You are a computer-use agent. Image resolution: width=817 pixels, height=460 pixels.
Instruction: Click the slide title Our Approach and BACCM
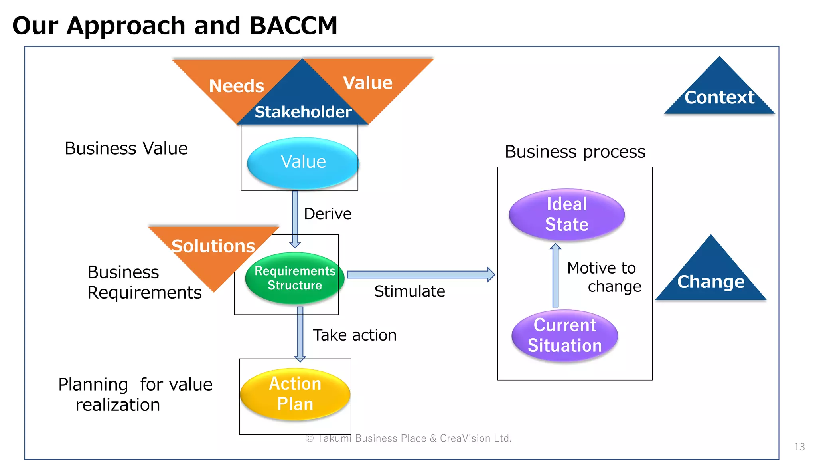coord(175,26)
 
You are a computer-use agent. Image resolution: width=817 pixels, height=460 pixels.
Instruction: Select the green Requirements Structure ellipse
coord(294,278)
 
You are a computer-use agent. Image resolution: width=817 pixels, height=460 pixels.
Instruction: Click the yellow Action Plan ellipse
coord(295,394)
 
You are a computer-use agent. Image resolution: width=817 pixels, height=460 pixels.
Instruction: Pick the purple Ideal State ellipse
coord(566,214)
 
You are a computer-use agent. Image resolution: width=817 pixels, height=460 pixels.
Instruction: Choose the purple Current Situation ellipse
coord(564,335)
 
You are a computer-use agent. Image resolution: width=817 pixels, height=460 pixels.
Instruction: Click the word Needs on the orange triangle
coord(237,86)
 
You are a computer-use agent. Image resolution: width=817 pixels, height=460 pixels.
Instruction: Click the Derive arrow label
coord(328,214)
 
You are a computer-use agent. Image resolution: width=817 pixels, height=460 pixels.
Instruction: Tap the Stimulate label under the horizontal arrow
coord(409,291)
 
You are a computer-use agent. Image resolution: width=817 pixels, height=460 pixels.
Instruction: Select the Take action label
coord(354,335)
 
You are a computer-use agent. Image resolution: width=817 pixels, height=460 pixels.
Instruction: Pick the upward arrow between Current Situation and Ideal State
coord(555,276)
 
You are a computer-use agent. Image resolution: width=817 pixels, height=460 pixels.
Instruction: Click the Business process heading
coord(575,152)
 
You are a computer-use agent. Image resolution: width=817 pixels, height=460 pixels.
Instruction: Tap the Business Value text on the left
coord(126,149)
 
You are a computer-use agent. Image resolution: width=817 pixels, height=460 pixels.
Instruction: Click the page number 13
coord(799,447)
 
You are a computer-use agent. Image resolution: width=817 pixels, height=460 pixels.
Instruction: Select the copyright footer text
coord(408,438)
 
